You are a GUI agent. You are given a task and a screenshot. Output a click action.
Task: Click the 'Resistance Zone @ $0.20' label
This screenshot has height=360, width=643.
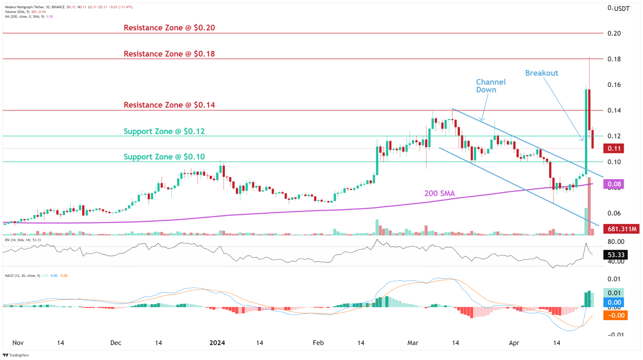169,28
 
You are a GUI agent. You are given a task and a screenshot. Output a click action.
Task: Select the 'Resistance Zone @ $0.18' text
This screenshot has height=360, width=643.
169,54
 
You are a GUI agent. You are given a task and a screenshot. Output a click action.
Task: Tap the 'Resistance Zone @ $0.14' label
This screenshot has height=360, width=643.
169,105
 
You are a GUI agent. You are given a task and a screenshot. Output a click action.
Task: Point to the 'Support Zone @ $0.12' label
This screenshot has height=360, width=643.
164,131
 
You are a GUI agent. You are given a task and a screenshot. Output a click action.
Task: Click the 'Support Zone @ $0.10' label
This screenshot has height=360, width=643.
164,157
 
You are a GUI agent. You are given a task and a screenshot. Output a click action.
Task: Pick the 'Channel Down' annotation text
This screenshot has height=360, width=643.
490,86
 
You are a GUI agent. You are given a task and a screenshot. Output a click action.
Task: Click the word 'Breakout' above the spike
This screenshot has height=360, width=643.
542,73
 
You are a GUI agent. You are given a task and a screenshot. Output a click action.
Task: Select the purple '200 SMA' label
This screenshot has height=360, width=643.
440,194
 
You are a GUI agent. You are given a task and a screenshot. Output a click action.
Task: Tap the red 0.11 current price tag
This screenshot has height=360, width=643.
613,149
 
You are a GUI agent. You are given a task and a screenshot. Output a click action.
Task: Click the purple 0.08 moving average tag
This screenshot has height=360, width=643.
613,184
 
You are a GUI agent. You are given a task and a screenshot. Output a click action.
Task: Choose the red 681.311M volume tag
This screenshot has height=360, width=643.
621,229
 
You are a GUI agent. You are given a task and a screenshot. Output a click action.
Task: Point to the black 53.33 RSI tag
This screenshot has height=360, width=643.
615,255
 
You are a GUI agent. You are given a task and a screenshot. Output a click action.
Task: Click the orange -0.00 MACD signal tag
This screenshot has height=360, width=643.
615,315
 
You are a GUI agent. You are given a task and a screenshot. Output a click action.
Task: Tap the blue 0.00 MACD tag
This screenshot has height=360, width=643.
614,303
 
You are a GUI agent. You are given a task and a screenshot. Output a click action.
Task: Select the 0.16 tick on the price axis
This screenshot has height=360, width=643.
614,85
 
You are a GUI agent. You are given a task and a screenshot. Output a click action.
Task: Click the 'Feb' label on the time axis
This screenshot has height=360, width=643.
318,343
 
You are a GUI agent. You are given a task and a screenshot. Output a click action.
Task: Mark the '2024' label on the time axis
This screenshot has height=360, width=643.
217,343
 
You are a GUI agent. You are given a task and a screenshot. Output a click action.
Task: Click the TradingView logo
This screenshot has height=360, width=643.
16,355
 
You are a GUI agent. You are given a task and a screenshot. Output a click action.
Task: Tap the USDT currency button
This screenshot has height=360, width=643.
622,8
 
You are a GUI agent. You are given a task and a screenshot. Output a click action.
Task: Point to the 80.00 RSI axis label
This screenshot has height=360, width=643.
616,242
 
